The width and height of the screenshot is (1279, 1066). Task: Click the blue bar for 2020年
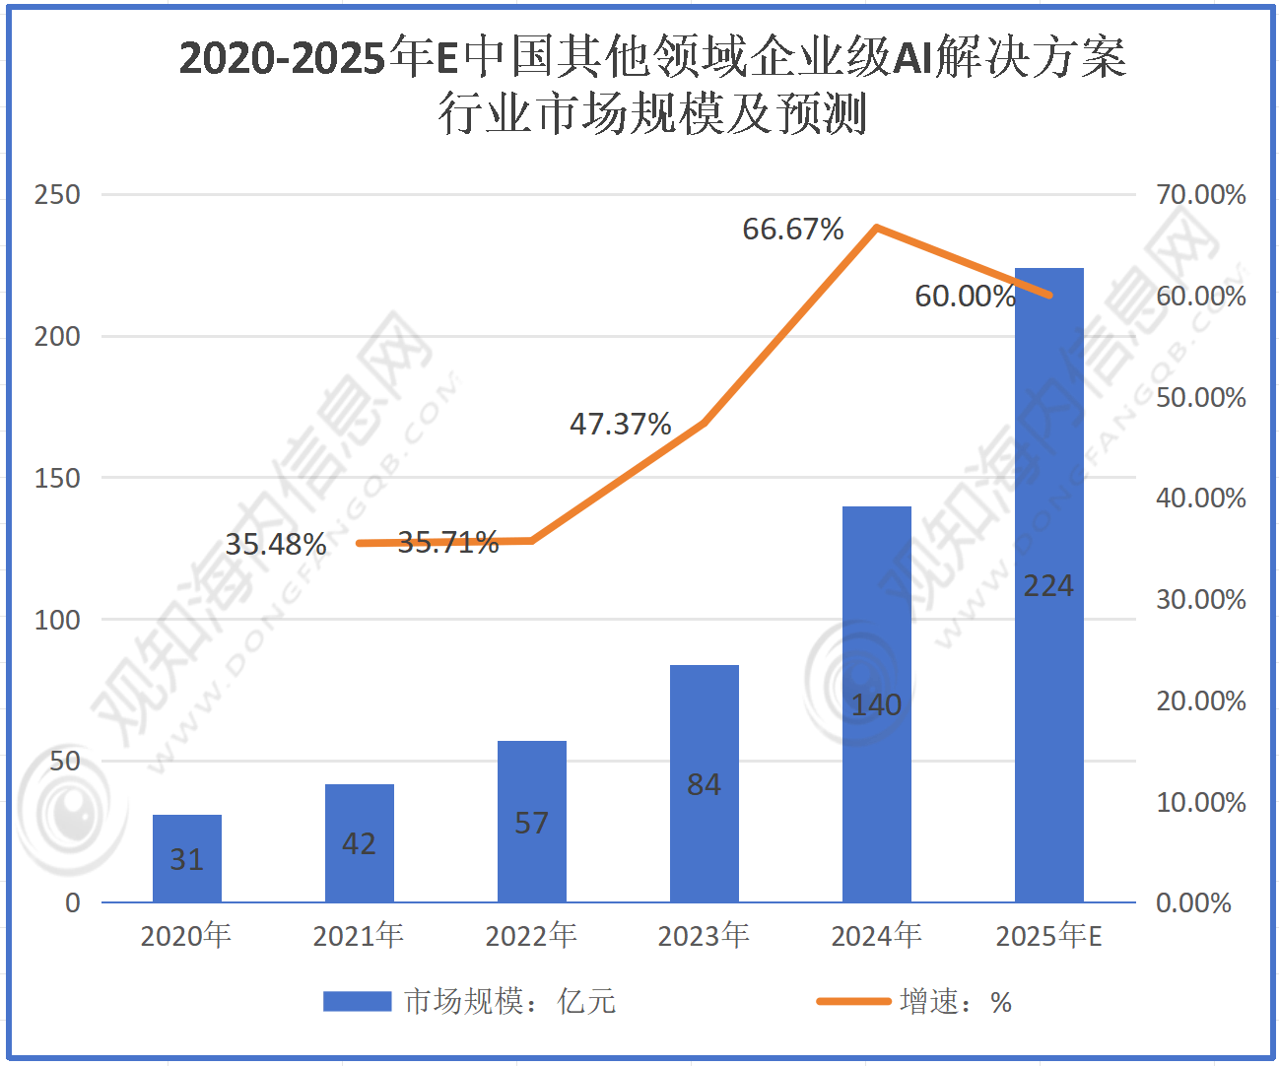187,858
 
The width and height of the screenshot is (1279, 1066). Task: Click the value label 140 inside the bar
877,705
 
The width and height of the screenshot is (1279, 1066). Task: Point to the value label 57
532,823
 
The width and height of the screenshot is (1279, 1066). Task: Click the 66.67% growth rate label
793,230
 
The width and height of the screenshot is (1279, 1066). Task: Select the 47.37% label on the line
621,425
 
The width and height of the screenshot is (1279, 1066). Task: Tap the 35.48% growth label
276,544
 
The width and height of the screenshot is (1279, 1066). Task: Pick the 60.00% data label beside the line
965,296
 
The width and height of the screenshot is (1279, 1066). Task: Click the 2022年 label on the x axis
531,935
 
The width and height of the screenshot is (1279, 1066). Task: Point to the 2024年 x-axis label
877,935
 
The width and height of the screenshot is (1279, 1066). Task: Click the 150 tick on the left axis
57,478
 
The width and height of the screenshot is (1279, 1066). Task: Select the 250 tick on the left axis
57,194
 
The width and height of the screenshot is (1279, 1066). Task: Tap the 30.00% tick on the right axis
1200,599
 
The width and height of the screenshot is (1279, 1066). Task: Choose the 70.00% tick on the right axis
1200,194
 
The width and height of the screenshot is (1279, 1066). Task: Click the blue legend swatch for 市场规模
357,1002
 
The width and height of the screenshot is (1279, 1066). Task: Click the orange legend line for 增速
853,1002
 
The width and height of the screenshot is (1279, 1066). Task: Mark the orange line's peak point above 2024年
877,229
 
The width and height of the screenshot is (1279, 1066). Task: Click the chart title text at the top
652,85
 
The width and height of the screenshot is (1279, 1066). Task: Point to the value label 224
1048,586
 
